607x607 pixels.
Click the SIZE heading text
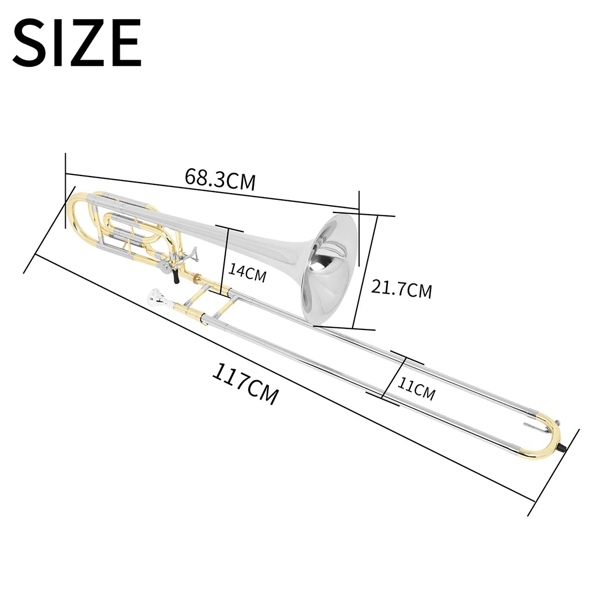click(77, 43)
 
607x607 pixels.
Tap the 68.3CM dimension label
click(220, 179)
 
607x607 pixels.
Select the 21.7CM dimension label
click(401, 289)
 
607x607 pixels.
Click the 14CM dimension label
click(247, 273)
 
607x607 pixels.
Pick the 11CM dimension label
click(417, 390)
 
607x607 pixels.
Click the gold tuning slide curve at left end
click(74, 212)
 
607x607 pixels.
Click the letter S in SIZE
click(31, 43)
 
